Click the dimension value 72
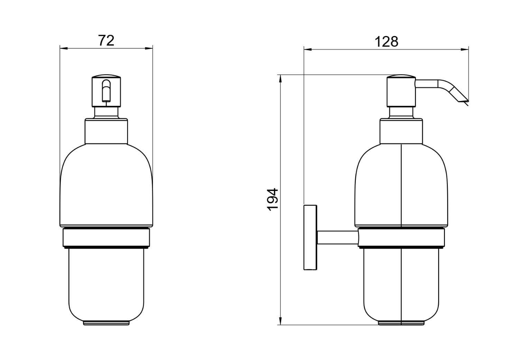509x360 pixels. (x=106, y=40)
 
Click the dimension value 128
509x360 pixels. (x=386, y=42)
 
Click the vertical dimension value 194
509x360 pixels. (x=273, y=199)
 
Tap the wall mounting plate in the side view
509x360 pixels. (x=310, y=237)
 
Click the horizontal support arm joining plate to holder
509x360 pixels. (x=337, y=238)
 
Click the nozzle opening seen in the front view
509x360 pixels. (x=106, y=91)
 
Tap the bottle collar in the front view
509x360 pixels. (x=106, y=131)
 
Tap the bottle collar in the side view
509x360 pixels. (x=401, y=131)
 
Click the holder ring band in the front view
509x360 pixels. (x=106, y=238)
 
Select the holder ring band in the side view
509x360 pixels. (x=401, y=238)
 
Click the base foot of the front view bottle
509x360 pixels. (x=106, y=323)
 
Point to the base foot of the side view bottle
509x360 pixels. (x=401, y=323)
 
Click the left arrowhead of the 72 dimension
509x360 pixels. (x=63, y=48)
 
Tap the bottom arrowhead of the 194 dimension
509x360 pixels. (x=280, y=322)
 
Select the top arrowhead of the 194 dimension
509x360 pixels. (x=280, y=78)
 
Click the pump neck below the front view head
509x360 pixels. (x=106, y=112)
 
